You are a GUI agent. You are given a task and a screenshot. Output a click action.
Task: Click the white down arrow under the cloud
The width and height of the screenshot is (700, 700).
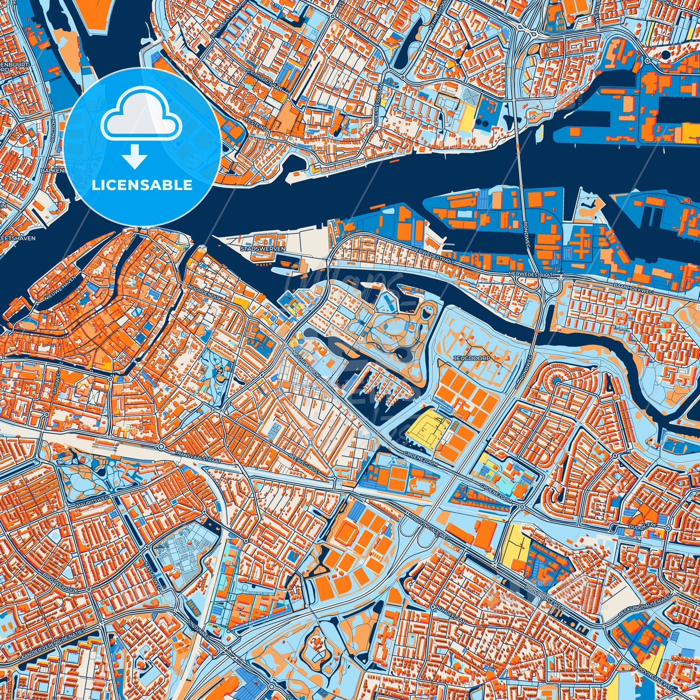(135, 157)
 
